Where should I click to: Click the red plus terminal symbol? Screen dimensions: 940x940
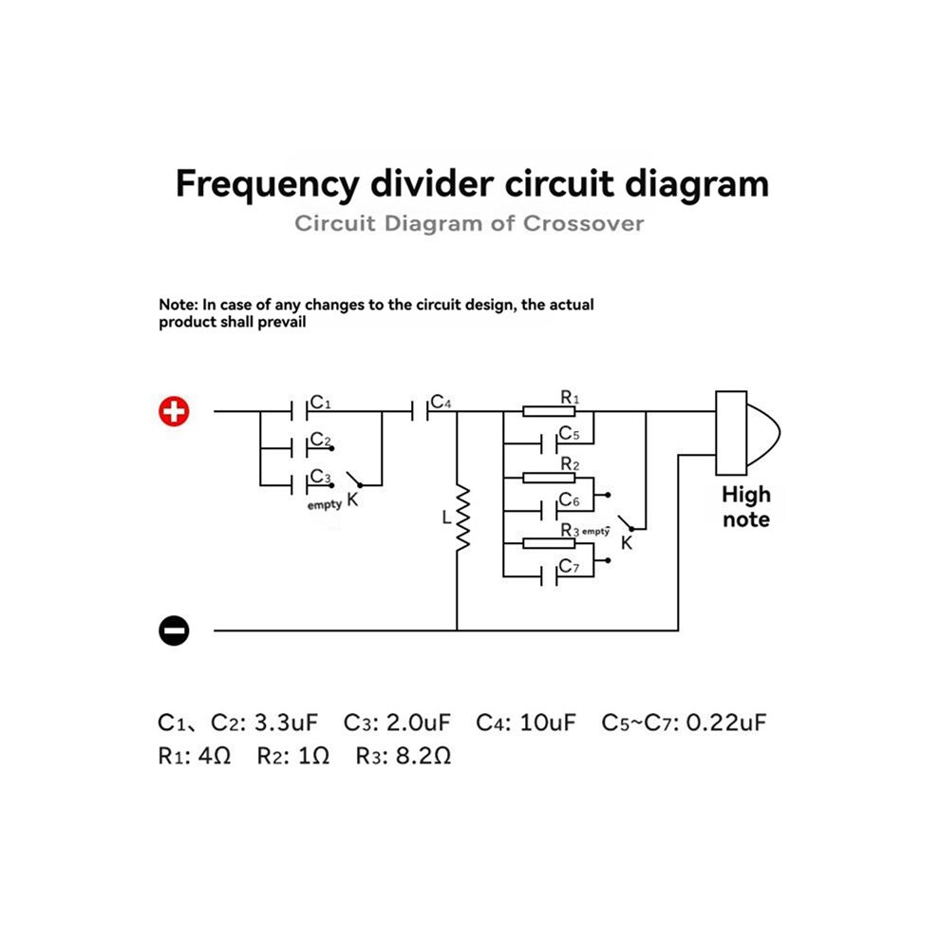tap(174, 412)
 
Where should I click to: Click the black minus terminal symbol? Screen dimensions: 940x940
tap(174, 630)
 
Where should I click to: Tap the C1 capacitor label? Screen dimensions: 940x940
tap(321, 402)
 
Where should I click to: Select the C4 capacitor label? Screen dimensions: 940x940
tap(441, 402)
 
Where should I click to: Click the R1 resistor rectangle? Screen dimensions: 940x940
tap(549, 411)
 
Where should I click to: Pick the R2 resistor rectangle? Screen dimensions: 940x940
tap(549, 478)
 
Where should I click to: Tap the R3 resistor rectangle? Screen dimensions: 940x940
tap(549, 544)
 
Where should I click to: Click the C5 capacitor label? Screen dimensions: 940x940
tap(569, 433)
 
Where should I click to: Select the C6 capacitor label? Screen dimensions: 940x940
tap(569, 500)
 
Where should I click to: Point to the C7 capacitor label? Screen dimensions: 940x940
tap(569, 566)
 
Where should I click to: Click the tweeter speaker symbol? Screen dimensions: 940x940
tap(747, 433)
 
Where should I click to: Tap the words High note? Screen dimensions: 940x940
tap(746, 507)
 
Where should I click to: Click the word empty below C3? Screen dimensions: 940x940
tap(325, 505)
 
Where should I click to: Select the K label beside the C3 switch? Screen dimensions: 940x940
tap(352, 499)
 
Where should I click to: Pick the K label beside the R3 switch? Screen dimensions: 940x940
tap(627, 543)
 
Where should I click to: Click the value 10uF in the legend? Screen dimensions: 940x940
tap(547, 723)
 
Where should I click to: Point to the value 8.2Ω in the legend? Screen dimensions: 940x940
tap(423, 756)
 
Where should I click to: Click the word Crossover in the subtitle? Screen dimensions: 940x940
tap(583, 224)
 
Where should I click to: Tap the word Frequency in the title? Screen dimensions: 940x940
tap(267, 184)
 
